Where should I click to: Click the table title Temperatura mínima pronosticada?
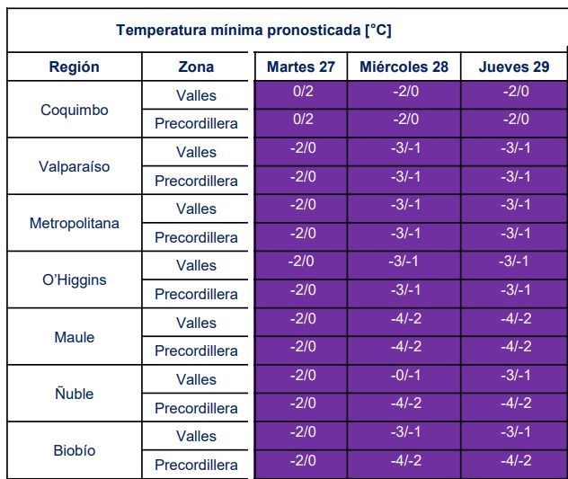tap(253, 30)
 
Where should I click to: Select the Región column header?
tap(74, 67)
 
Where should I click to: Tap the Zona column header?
tap(196, 67)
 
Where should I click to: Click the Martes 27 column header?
tap(301, 67)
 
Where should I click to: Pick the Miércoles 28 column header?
tap(404, 67)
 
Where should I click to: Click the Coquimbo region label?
tap(74, 110)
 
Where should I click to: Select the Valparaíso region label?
tap(74, 166)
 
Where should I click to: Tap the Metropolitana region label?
tap(74, 223)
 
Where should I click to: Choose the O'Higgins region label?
tap(74, 279)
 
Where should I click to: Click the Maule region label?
tap(74, 337)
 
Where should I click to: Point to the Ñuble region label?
tap(74, 394)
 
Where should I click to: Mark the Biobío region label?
tap(74, 450)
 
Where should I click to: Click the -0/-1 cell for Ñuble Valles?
tap(405, 375)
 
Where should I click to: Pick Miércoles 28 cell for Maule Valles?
tap(405, 318)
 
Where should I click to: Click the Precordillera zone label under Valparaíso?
tap(196, 181)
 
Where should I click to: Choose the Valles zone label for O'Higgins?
tap(196, 265)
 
